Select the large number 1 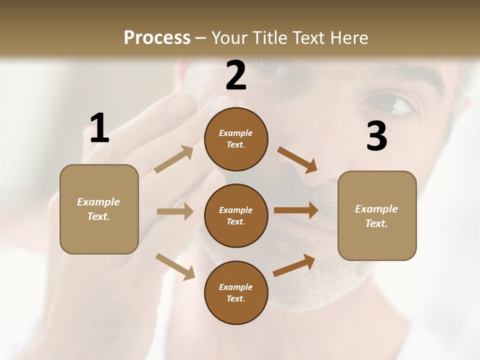pos(99,128)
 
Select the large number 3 pos(376,136)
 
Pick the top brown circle pos(236,139)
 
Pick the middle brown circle pos(236,216)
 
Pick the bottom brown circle pos(236,293)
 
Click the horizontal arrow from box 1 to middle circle pos(175,211)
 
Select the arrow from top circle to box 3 pos(297,160)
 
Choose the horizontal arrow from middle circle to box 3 pos(296,210)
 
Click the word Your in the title pos(229,38)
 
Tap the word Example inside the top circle pos(235,133)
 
